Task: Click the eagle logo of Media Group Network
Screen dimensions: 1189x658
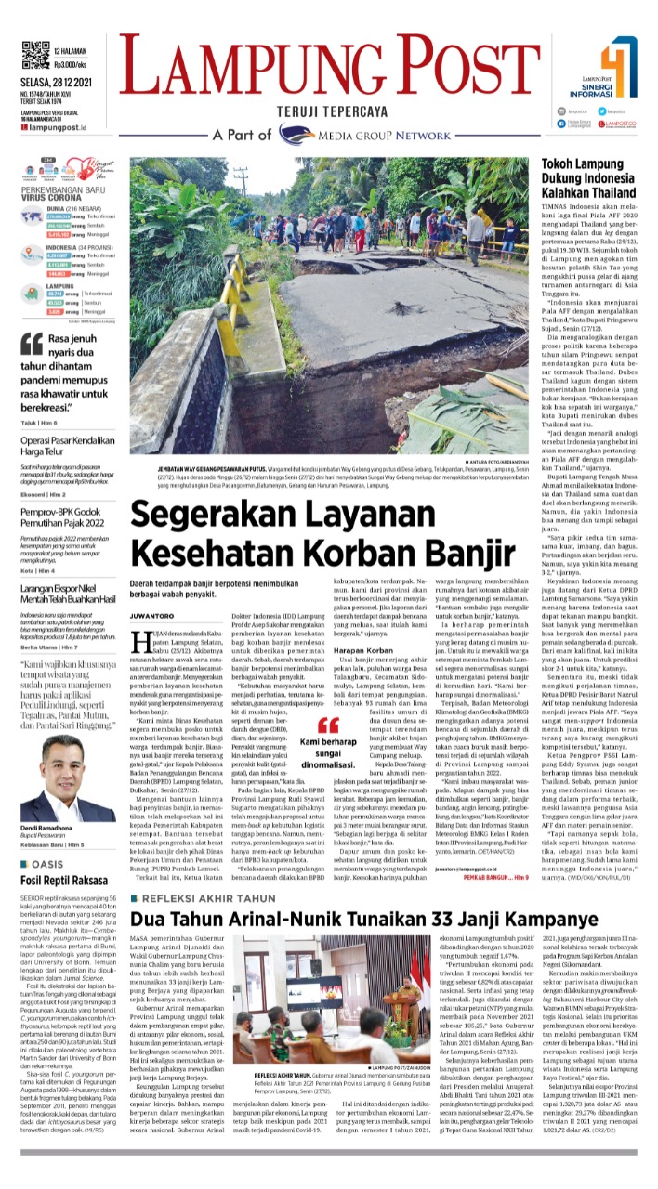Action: (319, 134)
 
